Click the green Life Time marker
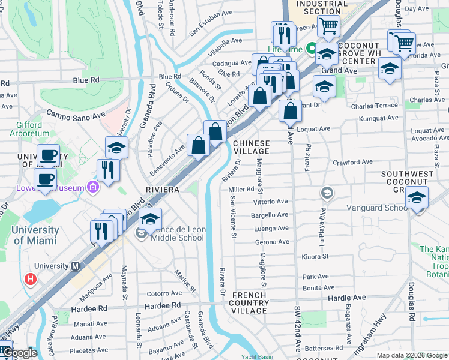pos(312,49)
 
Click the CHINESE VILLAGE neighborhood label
pos(251,148)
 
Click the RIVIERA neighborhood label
pos(163,189)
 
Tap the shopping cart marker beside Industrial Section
pos(328,26)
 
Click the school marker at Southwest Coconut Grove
pos(417,197)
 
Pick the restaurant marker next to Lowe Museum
pos(108,169)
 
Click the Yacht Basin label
pos(258,357)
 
